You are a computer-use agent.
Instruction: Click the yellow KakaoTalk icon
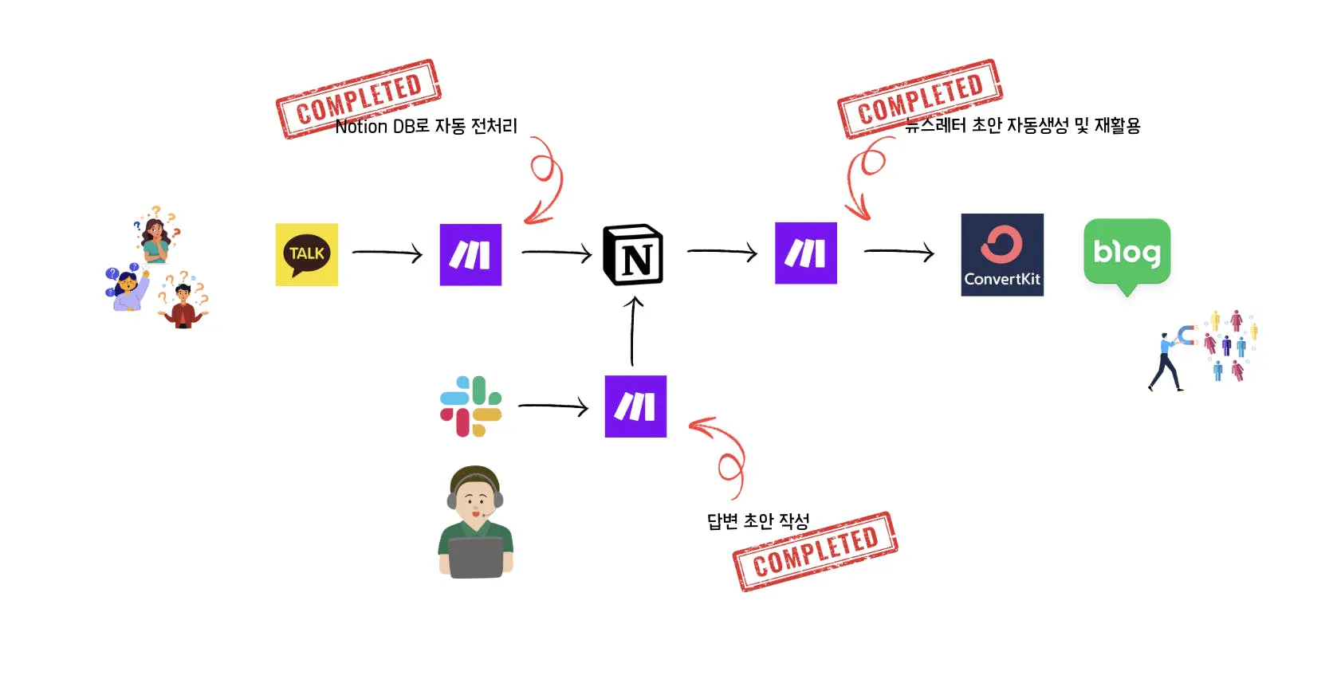[x=307, y=254]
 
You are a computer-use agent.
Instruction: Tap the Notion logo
[x=633, y=255]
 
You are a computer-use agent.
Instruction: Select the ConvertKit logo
[x=1002, y=255]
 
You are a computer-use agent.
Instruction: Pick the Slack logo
[x=471, y=406]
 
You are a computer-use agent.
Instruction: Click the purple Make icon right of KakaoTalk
[x=470, y=255]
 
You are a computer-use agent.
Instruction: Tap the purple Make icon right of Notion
[x=806, y=253]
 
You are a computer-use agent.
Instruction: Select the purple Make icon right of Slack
[x=635, y=406]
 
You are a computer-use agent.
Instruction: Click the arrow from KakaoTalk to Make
[x=387, y=253]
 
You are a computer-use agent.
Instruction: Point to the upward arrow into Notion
[x=633, y=331]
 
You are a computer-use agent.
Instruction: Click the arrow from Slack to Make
[x=552, y=406]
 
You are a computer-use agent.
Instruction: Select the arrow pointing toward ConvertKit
[x=898, y=252]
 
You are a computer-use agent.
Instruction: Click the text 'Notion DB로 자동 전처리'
[x=427, y=127]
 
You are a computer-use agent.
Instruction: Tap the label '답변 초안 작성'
[x=758, y=521]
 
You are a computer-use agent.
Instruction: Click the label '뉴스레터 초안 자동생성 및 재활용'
[x=1024, y=126]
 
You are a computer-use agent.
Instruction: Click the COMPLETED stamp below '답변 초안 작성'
[x=816, y=551]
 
